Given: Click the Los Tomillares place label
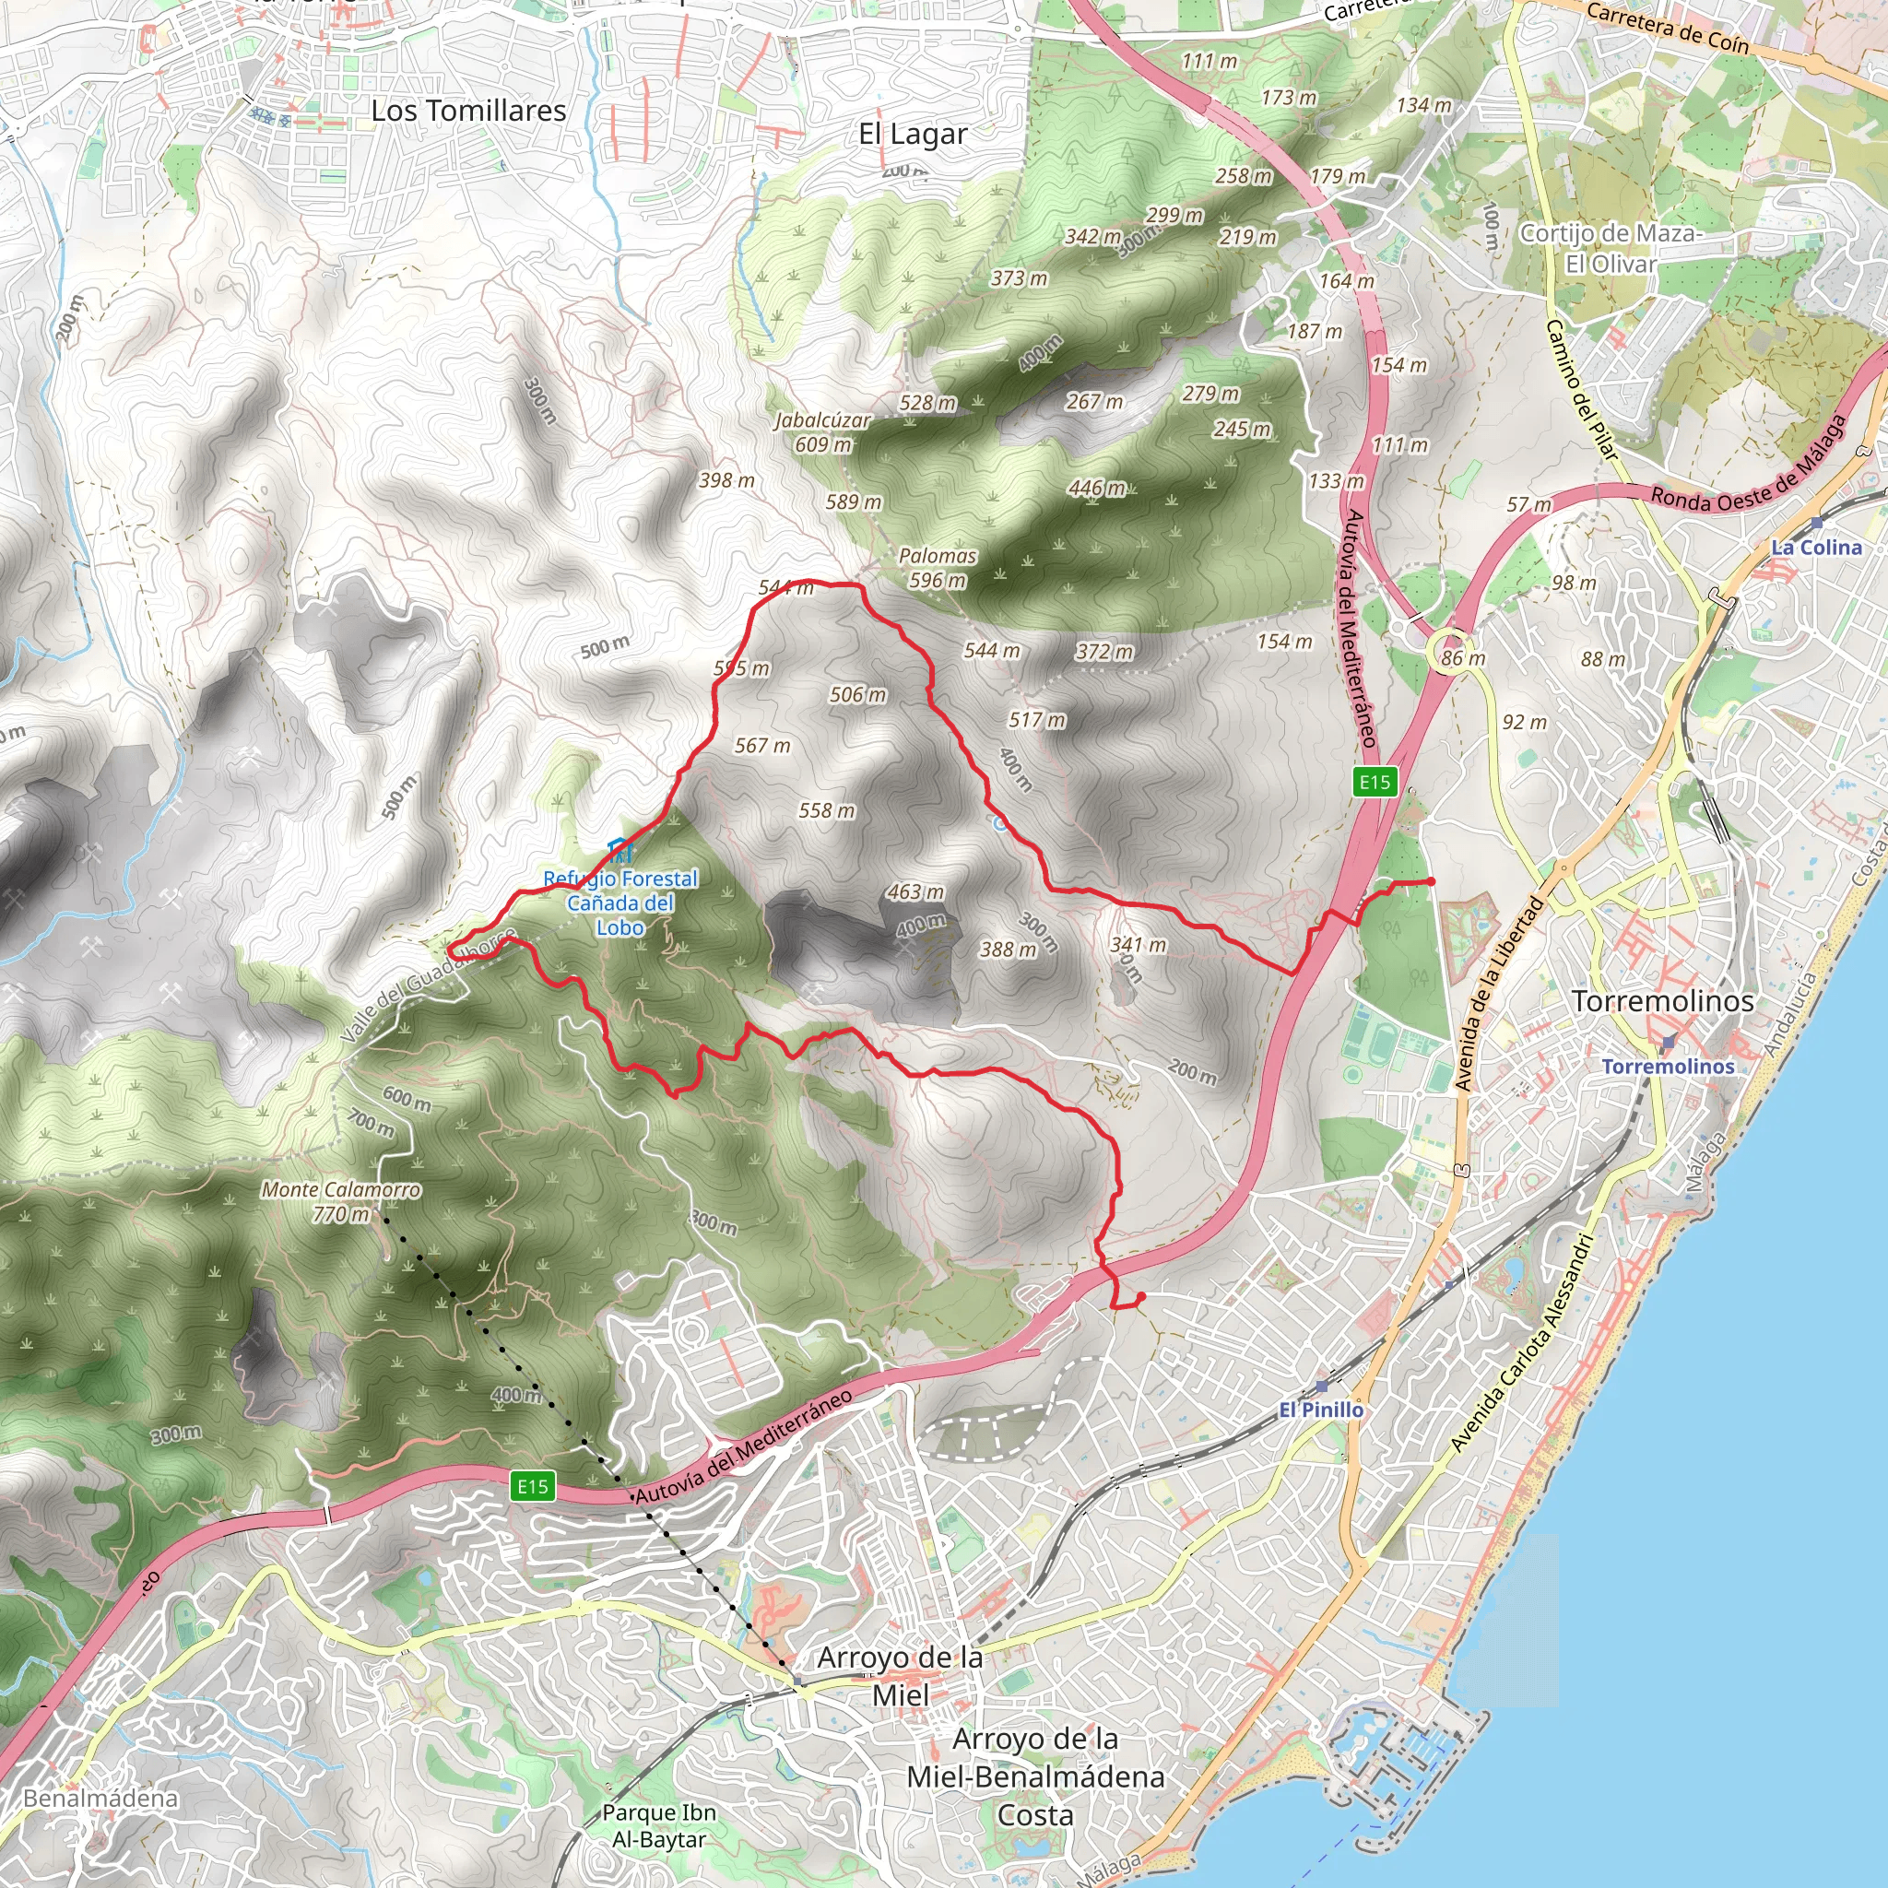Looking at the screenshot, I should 468,112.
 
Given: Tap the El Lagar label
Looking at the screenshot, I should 913,134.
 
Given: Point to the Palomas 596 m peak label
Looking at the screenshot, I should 938,568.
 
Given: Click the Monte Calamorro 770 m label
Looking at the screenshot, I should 340,1202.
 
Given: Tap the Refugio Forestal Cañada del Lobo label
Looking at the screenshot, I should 620,903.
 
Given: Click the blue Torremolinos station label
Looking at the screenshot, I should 1667,1067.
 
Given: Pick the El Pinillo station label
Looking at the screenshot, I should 1321,1410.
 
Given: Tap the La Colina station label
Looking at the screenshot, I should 1817,548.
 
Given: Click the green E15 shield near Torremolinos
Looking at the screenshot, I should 1375,781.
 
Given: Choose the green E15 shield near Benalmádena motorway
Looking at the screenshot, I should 533,1486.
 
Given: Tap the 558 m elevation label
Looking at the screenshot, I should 827,810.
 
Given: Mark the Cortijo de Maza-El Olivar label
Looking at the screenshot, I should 1611,248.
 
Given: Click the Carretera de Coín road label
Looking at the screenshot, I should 1667,27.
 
